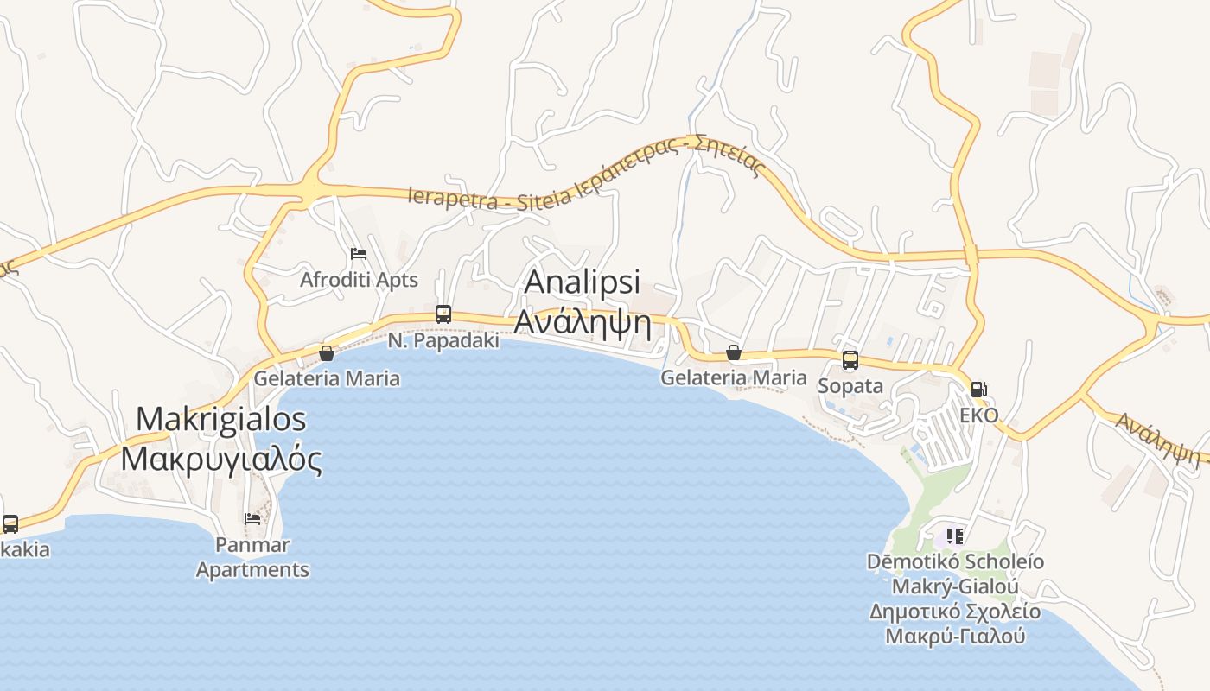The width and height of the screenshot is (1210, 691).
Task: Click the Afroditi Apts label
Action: pyautogui.click(x=359, y=280)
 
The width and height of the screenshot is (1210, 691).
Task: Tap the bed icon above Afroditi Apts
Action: pyautogui.click(x=359, y=254)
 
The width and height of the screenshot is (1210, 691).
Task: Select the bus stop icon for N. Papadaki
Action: pyautogui.click(x=443, y=314)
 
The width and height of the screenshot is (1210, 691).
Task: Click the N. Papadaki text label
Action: pyautogui.click(x=443, y=340)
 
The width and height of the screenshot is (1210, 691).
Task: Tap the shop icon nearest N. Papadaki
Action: pyautogui.click(x=327, y=352)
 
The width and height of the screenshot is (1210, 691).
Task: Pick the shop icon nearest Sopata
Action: pyautogui.click(x=734, y=352)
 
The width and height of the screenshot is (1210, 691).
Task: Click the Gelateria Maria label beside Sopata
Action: pyautogui.click(x=734, y=377)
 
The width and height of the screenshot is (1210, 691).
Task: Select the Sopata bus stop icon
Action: pyautogui.click(x=850, y=360)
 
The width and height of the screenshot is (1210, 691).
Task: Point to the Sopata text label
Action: pyautogui.click(x=850, y=385)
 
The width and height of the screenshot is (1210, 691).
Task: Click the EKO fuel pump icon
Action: pyautogui.click(x=979, y=390)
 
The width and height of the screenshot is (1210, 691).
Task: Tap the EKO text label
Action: pyautogui.click(x=979, y=415)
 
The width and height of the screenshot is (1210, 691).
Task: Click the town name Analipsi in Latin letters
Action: pyautogui.click(x=583, y=282)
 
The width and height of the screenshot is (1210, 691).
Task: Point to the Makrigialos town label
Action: pyautogui.click(x=221, y=419)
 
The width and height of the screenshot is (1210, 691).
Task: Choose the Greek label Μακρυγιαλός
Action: pyautogui.click(x=221, y=458)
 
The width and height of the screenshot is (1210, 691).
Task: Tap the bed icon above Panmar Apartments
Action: pyautogui.click(x=252, y=519)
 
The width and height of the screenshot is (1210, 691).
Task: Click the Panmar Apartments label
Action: pyautogui.click(x=252, y=557)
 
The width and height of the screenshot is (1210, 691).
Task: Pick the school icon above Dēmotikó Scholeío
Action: pyautogui.click(x=955, y=536)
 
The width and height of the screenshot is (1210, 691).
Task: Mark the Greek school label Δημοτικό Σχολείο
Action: pyautogui.click(x=955, y=612)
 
